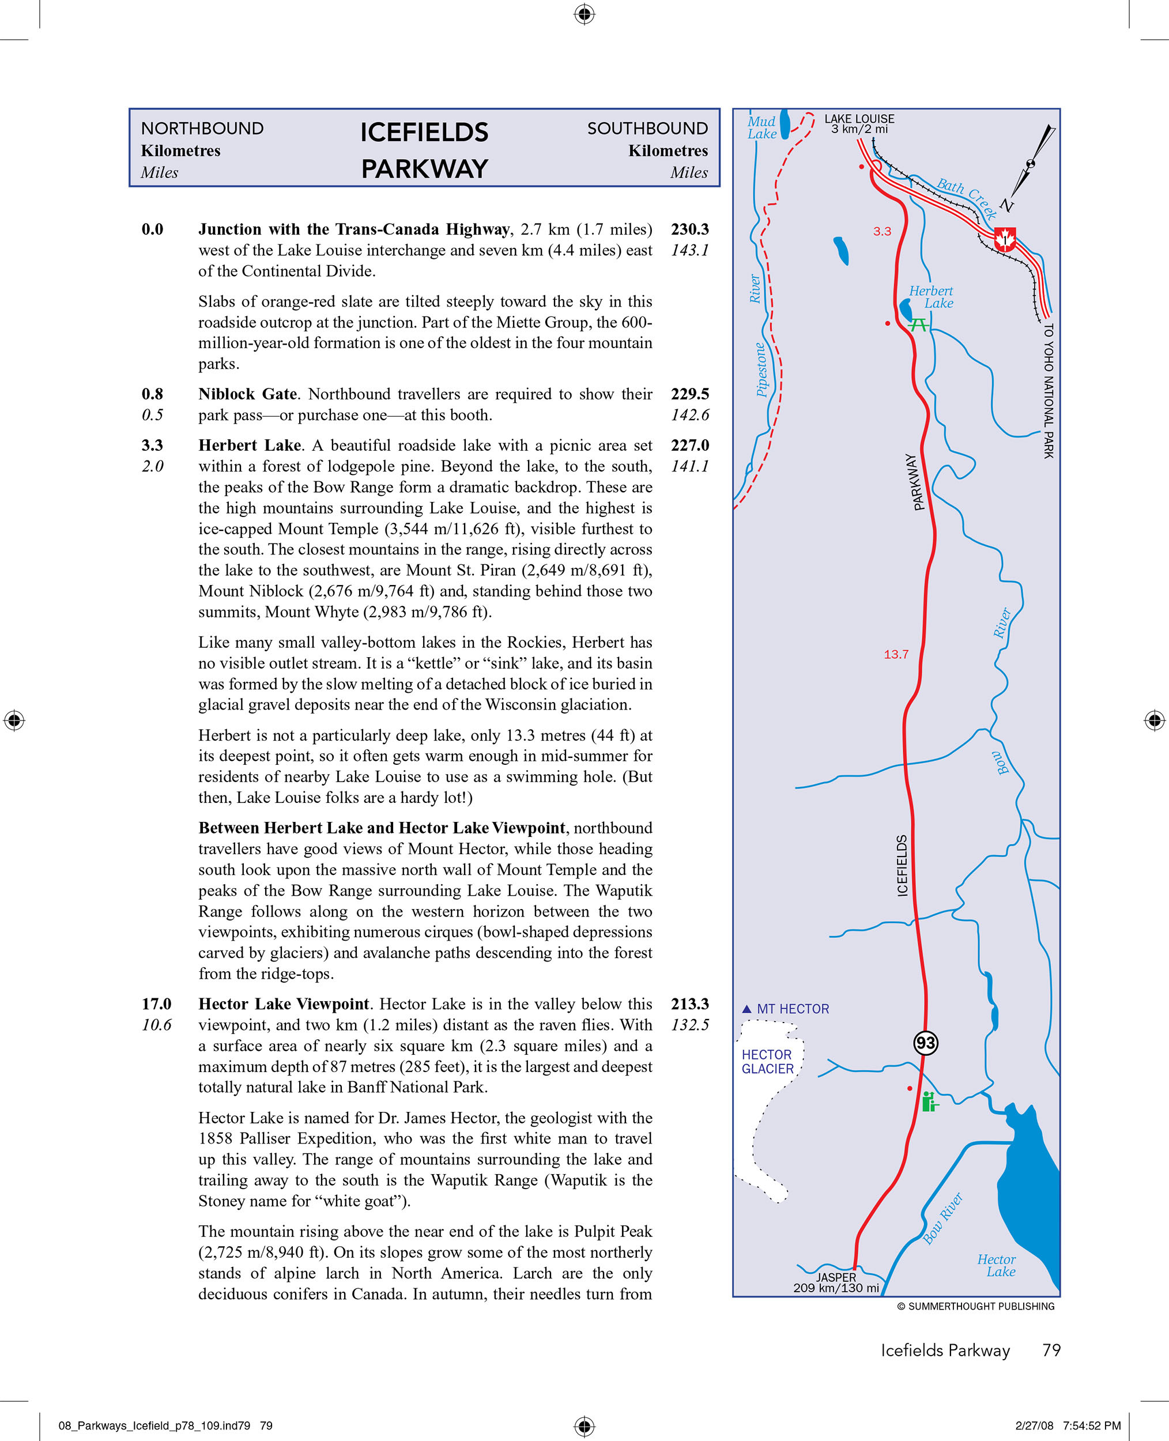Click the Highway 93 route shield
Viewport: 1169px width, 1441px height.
coord(925,1043)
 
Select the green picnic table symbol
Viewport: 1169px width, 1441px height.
coord(918,325)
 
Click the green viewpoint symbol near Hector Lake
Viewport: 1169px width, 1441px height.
coord(929,1102)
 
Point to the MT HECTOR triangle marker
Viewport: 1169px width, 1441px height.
coord(746,1009)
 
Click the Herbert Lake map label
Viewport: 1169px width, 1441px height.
coord(932,297)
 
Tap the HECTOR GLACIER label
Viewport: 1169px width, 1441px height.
coord(767,1062)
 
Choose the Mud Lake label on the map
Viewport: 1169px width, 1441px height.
coord(761,127)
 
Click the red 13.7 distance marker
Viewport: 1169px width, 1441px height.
coord(896,655)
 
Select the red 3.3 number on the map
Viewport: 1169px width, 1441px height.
coord(881,232)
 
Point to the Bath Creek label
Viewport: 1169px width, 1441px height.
coord(967,196)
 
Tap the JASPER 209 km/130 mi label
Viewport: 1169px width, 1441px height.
coord(836,1282)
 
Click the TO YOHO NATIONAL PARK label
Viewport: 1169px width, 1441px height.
coord(1048,391)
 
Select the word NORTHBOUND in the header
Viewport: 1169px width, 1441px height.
coord(202,129)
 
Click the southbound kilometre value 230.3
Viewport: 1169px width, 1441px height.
coord(689,229)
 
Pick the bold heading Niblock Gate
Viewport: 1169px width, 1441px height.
coord(247,394)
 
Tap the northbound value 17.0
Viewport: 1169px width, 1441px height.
coord(156,1004)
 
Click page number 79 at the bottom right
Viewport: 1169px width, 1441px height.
coord(1051,1350)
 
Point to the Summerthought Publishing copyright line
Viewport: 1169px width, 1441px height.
coord(976,1306)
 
